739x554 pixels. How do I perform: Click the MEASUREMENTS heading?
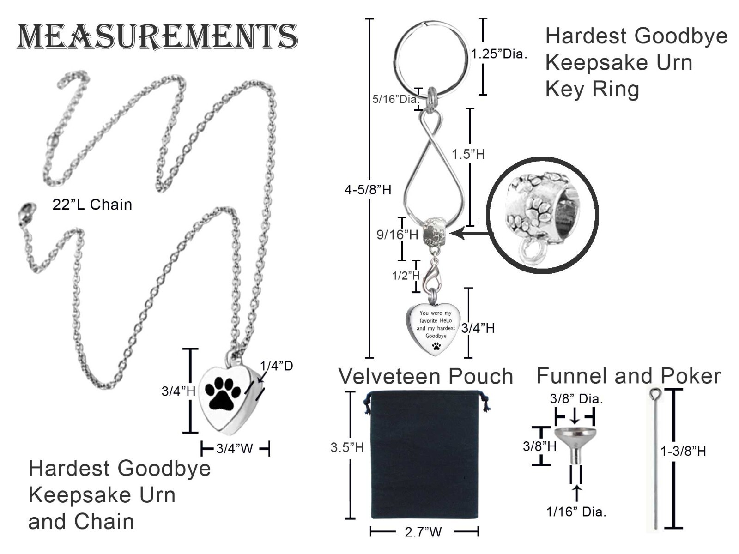point(157,36)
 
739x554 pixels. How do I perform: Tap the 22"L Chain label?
point(92,204)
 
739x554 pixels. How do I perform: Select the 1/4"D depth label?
point(276,366)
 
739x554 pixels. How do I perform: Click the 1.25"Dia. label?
point(499,54)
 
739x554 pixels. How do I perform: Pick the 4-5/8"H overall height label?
point(368,190)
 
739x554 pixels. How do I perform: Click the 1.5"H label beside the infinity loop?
point(467,154)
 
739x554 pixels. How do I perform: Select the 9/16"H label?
point(397,235)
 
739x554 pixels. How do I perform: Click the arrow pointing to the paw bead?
point(470,233)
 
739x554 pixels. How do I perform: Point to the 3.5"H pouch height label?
point(347,447)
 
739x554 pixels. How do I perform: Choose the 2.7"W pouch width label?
point(423,532)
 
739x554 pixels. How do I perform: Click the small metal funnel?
point(575,446)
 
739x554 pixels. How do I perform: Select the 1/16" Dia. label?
point(576,512)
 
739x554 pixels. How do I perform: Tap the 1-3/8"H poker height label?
point(683,451)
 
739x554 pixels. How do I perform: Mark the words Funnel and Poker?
point(629,376)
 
